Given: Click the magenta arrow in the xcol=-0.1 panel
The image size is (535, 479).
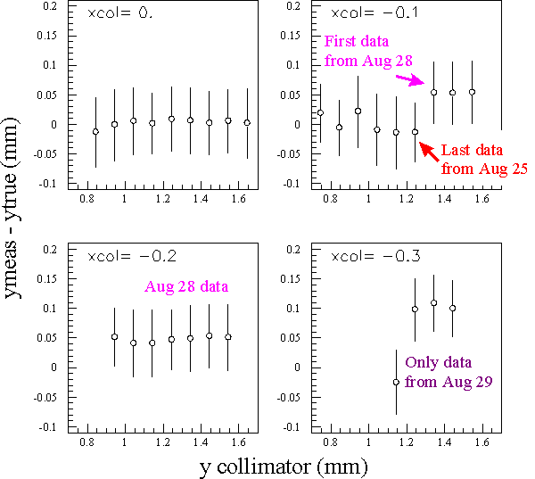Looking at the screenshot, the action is coord(410,80).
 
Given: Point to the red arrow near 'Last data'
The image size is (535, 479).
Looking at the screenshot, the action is coord(429,152).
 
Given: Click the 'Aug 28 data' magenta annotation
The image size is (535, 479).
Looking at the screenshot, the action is coord(186,286).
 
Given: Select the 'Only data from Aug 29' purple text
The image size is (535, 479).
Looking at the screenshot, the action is coord(449,372).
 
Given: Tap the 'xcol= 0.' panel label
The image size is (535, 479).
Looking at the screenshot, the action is coord(120,13).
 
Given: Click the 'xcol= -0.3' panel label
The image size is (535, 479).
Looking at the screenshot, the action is coord(375,256).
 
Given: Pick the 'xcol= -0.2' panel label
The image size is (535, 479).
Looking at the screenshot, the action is coord(132,256).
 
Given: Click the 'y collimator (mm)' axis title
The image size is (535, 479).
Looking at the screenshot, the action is coord(284,467).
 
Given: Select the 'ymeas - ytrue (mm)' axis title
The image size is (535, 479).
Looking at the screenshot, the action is coord(11,209).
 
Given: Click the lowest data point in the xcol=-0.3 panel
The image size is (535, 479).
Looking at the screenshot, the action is coord(396,383).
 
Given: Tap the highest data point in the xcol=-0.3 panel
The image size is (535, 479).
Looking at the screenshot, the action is coord(434,303).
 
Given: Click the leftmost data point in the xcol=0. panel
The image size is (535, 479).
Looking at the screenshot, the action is coord(96,132).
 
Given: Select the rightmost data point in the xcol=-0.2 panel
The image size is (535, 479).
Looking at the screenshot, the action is coord(228,337).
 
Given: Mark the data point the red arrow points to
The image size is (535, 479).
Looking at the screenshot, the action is coord(416,132).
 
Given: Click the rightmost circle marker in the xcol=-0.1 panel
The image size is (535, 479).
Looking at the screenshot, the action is coord(473,92).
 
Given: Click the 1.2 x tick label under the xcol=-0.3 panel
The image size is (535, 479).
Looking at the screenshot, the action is coord(407,442).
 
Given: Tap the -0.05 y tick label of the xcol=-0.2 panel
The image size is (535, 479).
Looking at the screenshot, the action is coord(45,398).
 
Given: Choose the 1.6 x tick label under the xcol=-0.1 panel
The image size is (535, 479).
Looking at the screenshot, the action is coord(482,199).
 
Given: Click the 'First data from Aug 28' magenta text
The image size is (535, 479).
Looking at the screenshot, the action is coord(368,51).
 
